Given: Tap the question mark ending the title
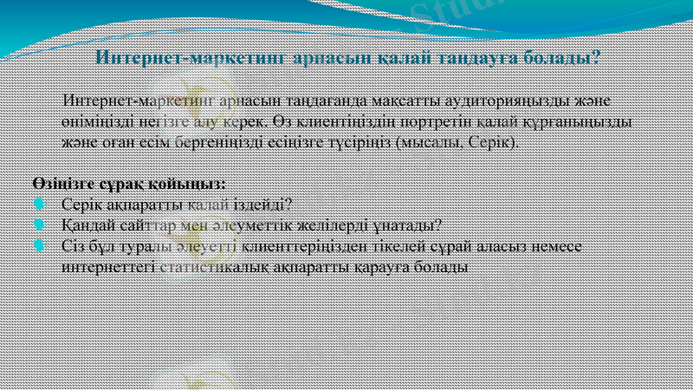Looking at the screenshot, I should pos(597,59).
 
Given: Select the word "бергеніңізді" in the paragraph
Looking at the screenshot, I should pos(211,141).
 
